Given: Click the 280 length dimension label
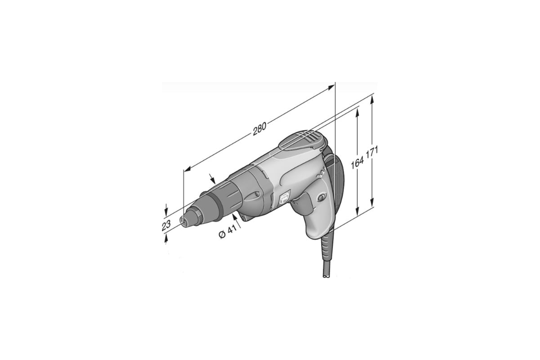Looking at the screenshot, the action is pos(260,129).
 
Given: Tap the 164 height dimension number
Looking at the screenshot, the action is pos(357,161).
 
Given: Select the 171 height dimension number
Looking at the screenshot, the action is pos(372,152).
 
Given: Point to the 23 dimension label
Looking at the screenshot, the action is pos(166,225).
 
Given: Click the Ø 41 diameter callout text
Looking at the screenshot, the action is pos(227,231).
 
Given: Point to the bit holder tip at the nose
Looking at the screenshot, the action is pos(182,220).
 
